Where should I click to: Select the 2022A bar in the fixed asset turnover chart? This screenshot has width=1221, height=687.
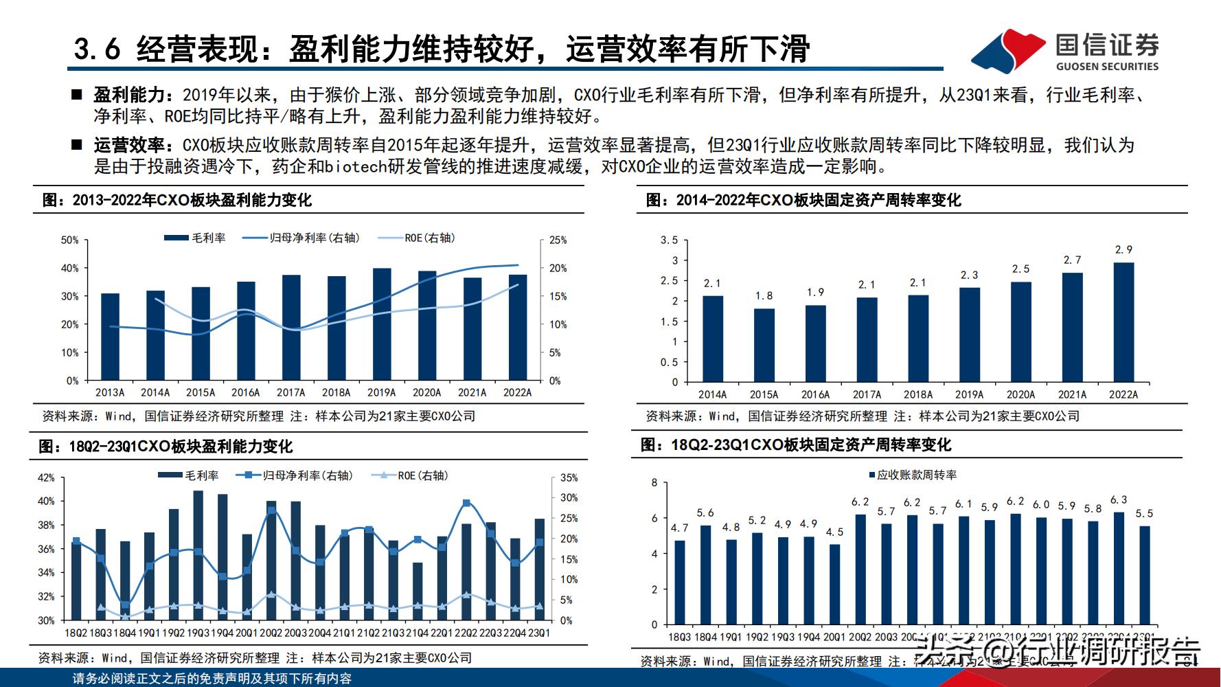[x=1123, y=322]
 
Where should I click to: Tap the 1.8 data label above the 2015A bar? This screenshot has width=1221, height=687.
[x=764, y=296]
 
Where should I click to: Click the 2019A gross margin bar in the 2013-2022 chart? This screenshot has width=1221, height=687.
[x=382, y=324]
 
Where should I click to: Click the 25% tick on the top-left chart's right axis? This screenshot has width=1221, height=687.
[x=558, y=240]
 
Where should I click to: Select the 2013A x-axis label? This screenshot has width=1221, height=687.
[x=110, y=393]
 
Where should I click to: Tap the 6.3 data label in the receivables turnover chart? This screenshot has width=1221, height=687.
[x=1119, y=500]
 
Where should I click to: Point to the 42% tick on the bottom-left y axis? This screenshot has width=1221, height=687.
[x=46, y=478]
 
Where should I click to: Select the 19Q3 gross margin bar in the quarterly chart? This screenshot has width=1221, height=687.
[x=198, y=555]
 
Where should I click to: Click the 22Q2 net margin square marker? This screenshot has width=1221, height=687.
[x=467, y=503]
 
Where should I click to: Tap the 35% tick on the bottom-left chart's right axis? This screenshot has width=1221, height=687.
[x=569, y=478]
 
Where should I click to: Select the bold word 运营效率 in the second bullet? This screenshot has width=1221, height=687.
[x=129, y=145]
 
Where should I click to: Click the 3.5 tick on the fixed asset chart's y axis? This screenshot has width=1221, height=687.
[x=669, y=240]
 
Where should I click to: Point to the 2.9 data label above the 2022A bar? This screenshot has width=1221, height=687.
[x=1123, y=250]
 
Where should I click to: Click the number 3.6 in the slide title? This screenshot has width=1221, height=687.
[x=97, y=49]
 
